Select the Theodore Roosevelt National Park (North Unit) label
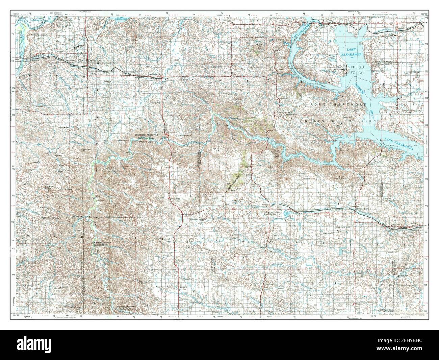(x=146, y=138)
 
